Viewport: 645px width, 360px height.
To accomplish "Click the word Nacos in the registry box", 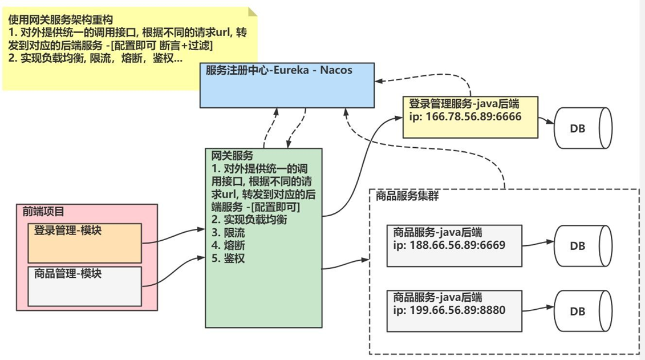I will click(336, 71).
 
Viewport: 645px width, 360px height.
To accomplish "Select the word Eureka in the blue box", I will click(293, 71).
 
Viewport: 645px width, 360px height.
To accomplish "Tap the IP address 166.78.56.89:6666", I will click(472, 117).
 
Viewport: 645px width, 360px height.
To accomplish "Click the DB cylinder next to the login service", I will click(582, 129).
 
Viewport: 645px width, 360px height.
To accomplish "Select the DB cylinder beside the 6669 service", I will click(582, 246).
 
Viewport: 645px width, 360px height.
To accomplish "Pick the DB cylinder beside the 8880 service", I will click(582, 312).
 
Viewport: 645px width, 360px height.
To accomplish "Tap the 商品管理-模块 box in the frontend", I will click(84, 286).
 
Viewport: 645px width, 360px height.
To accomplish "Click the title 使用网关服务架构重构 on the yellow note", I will click(60, 20).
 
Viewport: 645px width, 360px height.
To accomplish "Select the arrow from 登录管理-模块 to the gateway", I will click(173, 235).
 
